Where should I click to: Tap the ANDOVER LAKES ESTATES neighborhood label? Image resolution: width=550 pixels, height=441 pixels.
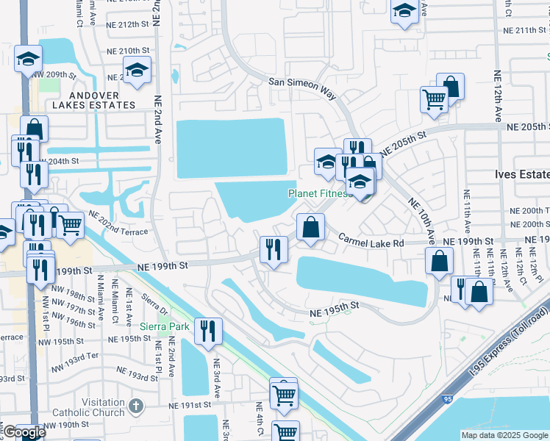[x=102, y=100]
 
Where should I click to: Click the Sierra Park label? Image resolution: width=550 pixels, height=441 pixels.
[x=165, y=326]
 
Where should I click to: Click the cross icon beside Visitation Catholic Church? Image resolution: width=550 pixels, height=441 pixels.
[x=135, y=405]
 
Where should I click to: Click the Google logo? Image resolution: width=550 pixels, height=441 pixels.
[x=24, y=432]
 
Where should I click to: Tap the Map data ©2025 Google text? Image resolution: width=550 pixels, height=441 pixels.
[x=504, y=435]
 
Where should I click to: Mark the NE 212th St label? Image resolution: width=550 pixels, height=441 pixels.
[x=128, y=25]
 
